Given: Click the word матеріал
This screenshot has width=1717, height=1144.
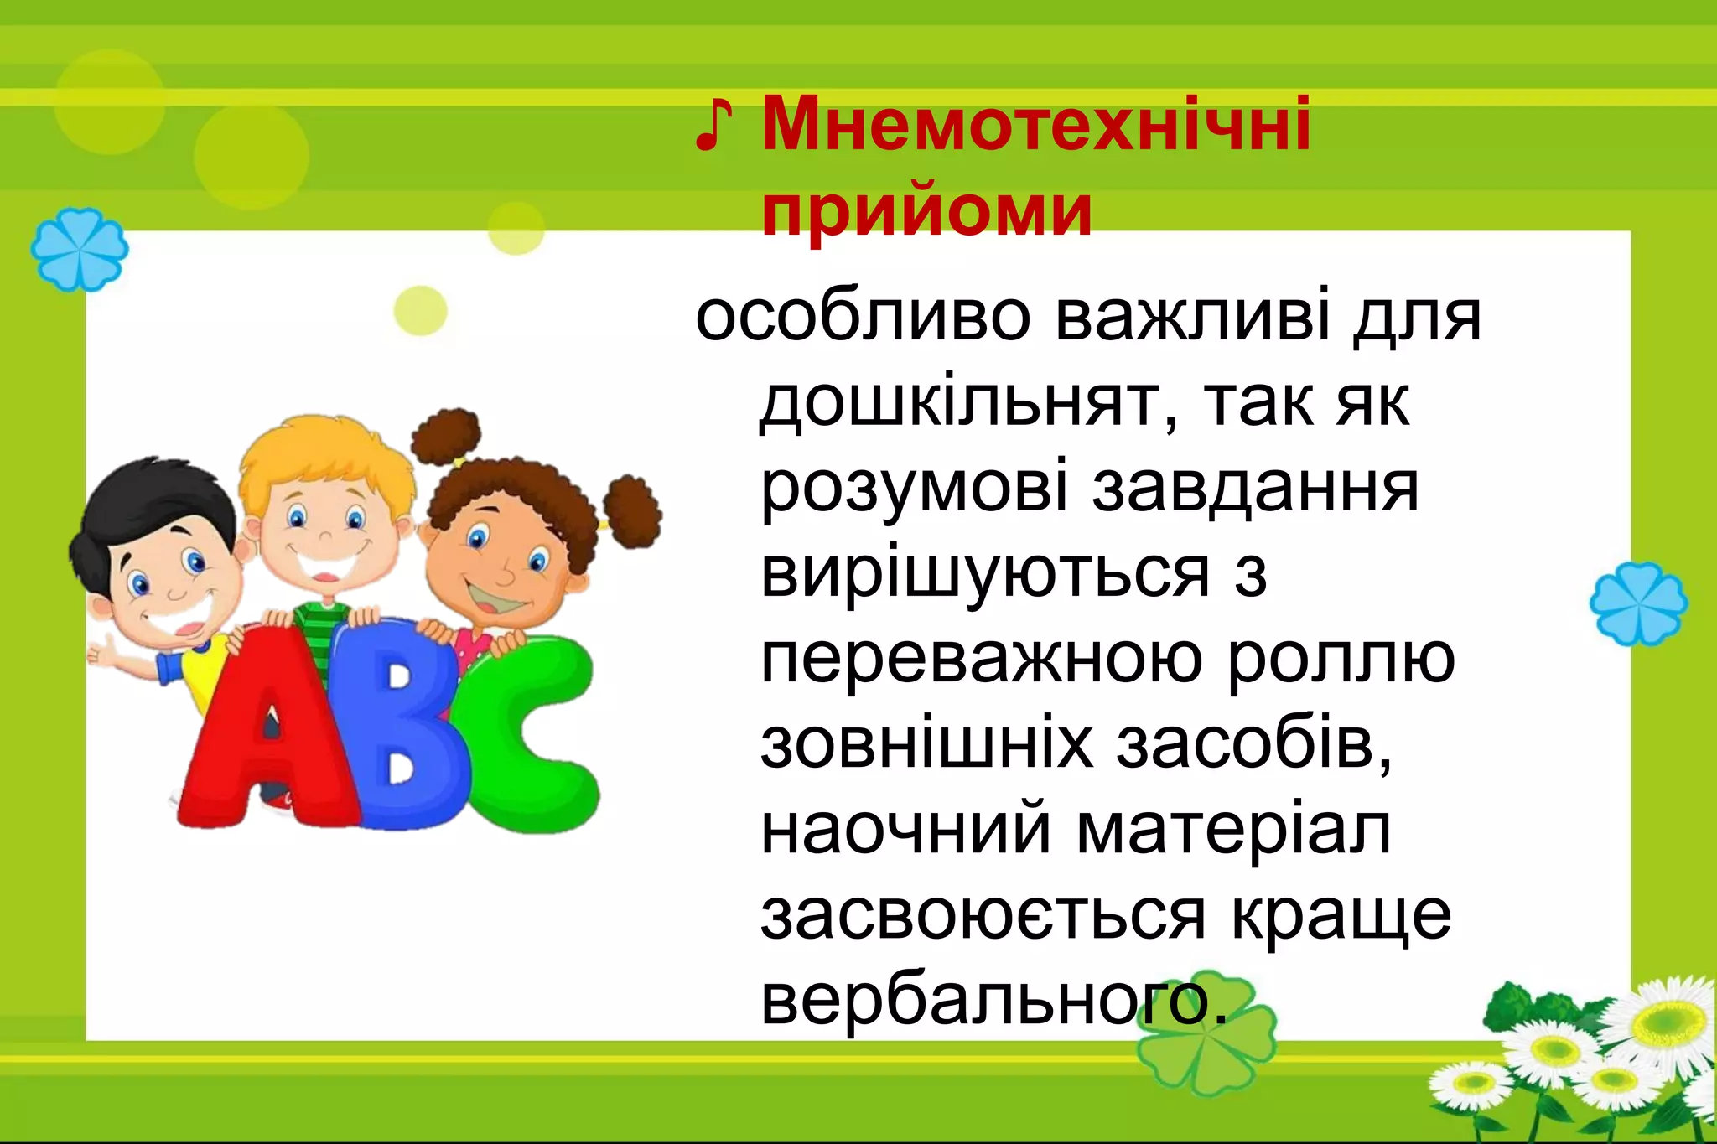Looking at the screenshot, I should [1233, 832].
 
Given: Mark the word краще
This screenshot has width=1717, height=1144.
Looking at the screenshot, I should [1341, 916].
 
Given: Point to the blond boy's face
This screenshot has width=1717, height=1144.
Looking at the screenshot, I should [327, 528].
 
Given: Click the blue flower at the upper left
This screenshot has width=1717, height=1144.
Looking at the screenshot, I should [80, 249].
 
